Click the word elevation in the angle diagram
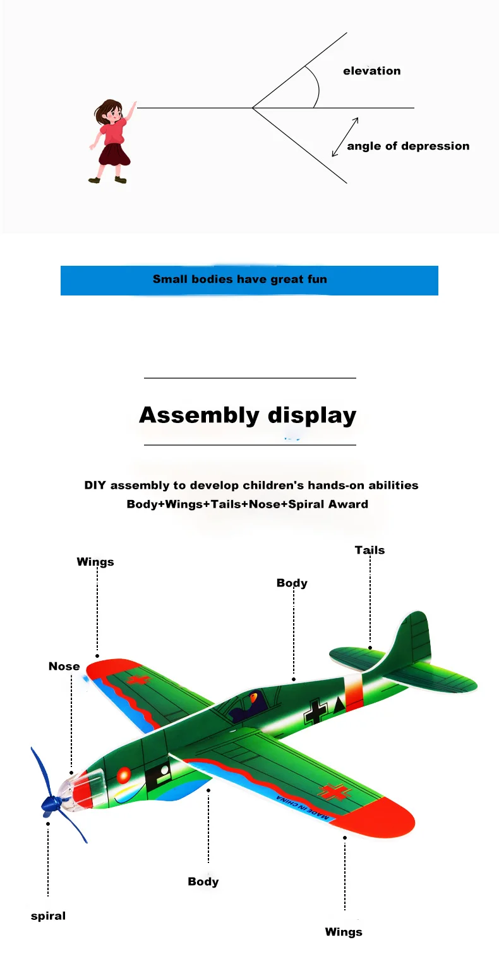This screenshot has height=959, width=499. coord(371,71)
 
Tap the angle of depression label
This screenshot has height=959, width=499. coord(408,146)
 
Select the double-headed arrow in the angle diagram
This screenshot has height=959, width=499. coord(346,136)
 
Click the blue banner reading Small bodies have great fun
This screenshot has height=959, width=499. coord(249,280)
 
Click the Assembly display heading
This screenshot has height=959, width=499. coord(248,415)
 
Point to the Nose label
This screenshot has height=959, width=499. coord(64,666)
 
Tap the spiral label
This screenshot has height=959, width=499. coord(48,916)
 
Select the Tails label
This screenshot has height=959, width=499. coord(370,550)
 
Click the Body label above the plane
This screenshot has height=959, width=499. coord(292,583)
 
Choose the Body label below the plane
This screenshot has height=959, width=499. coord(203,881)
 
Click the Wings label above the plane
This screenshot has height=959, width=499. coord(95,561)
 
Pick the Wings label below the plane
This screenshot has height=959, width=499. coord(344,932)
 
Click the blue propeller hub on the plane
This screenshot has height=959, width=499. coord(51,803)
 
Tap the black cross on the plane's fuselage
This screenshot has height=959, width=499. coord(315,710)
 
